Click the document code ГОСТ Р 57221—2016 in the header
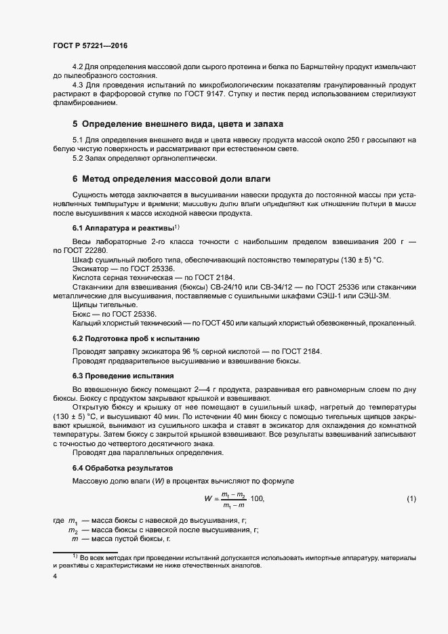pyautogui.click(x=89, y=46)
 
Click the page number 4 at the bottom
pyautogui.click(x=55, y=577)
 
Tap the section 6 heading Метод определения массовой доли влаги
pyautogui.click(x=171, y=179)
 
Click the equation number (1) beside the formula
pyautogui.click(x=411, y=499)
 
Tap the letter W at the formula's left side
pyautogui.click(x=208, y=499)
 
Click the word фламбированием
pyautogui.click(x=85, y=104)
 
